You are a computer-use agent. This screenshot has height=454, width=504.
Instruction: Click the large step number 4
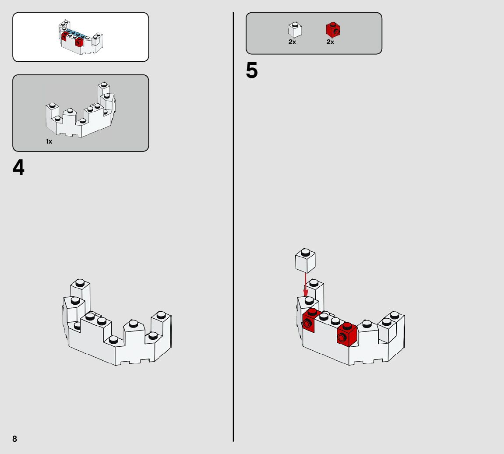point(18,167)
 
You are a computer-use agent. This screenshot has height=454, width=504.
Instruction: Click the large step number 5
point(252,70)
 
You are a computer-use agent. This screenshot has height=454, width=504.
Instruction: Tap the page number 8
point(15,439)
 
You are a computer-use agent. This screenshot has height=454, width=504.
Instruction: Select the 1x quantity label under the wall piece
point(49,141)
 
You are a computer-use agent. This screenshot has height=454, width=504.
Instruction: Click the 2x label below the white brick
point(292,42)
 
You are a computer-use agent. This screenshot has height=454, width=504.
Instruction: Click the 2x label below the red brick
point(331,42)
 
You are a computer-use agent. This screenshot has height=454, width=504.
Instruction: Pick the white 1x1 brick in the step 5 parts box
point(295,30)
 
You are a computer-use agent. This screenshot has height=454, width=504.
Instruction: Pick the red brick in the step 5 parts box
point(333,30)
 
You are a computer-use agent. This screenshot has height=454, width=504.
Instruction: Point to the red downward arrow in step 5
point(306,285)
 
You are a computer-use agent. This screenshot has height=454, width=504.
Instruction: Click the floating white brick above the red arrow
point(305,260)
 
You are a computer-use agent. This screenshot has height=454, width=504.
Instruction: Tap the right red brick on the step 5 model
point(347,334)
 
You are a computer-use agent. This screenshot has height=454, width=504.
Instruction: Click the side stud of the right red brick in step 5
point(342,338)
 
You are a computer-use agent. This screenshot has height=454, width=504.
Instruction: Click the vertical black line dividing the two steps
point(233,227)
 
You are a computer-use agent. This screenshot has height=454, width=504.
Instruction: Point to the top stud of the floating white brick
point(305,252)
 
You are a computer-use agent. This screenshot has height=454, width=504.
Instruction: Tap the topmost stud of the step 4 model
point(80,283)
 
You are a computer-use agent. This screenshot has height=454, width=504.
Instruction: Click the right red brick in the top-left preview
point(79,41)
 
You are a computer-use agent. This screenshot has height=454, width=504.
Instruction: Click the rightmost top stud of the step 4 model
point(161,314)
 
